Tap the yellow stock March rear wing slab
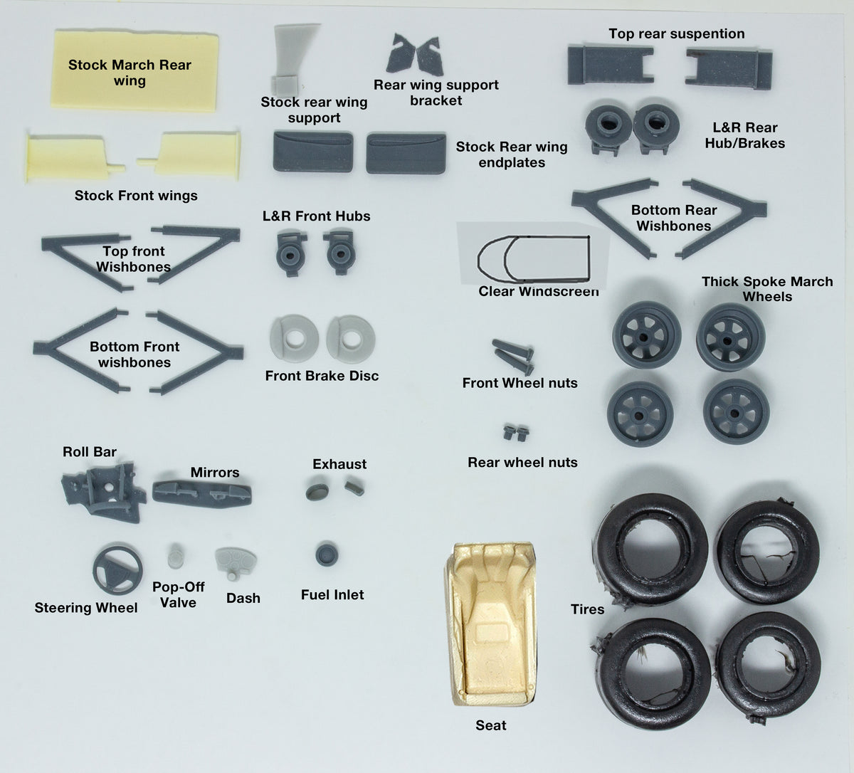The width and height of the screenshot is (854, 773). (135, 70)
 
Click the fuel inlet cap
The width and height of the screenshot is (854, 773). (327, 554)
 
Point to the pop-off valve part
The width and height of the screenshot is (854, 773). (175, 555)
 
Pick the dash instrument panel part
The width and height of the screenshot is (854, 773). (235, 562)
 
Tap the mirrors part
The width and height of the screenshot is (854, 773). (202, 493)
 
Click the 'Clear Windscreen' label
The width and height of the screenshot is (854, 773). (539, 291)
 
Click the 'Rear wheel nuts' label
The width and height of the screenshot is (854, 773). (522, 462)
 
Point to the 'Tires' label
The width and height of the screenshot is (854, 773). (587, 609)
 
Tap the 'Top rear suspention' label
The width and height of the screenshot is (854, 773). (677, 33)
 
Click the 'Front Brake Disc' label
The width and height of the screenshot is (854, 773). (322, 376)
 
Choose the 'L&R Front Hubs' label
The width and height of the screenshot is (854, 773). (316, 216)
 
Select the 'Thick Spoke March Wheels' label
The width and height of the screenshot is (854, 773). (767, 289)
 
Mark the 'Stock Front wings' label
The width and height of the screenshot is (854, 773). (136, 196)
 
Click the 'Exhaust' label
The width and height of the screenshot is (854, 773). (339, 464)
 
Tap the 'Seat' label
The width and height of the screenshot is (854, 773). (491, 725)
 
